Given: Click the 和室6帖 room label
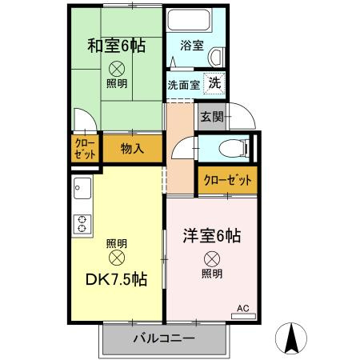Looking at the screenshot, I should [117, 45].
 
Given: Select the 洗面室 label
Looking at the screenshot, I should [182, 84].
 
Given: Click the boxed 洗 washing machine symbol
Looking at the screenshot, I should [215, 82].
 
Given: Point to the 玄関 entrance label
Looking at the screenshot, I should [211, 118].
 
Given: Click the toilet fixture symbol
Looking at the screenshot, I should [232, 148].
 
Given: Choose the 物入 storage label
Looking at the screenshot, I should [132, 148].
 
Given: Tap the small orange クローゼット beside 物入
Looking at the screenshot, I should [84, 149].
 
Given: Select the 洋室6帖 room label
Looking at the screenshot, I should [212, 236].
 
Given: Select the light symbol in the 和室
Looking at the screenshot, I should [117, 68].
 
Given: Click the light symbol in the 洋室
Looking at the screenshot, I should [211, 258].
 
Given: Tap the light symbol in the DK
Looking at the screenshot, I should [117, 258].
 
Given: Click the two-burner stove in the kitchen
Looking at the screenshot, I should [81, 222].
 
